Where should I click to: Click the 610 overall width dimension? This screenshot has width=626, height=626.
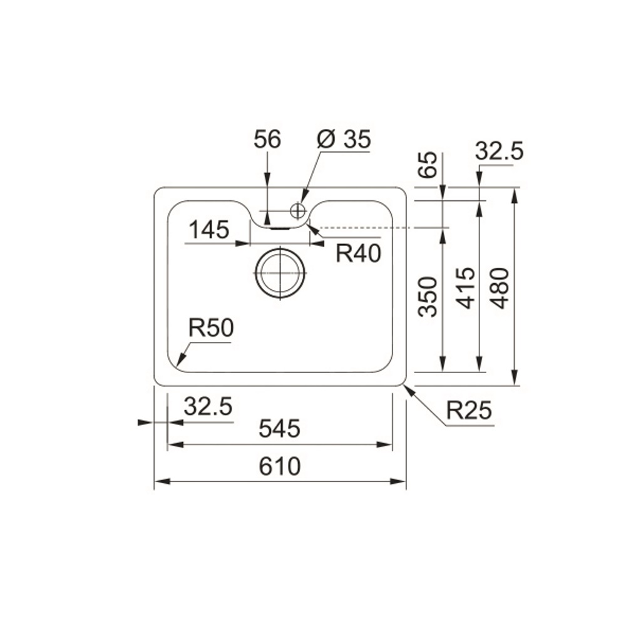pyautogui.click(x=279, y=466)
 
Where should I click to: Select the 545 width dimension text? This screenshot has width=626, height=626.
pyautogui.click(x=279, y=428)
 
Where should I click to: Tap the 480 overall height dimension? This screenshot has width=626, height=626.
pyautogui.click(x=500, y=288)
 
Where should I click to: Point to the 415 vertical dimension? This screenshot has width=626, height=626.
pyautogui.click(x=466, y=288)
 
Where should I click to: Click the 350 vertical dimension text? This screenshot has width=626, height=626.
pyautogui.click(x=428, y=296)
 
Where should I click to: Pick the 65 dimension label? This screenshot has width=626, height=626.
pyautogui.click(x=428, y=165)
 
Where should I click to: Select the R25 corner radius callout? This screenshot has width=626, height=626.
pyautogui.click(x=469, y=410)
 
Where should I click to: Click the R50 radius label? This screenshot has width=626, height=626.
pyautogui.click(x=211, y=328)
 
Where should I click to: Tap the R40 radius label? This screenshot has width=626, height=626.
pyautogui.click(x=359, y=253)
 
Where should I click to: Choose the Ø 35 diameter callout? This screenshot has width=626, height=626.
pyautogui.click(x=344, y=139)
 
